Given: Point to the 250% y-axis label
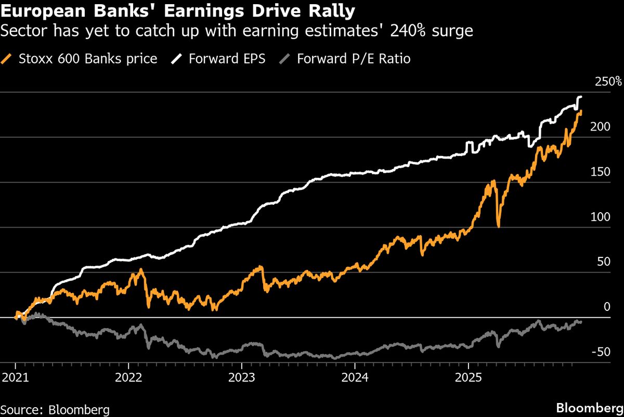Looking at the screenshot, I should [x=608, y=82].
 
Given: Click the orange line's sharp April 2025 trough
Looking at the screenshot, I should [x=498, y=226].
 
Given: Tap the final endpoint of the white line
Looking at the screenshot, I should [x=581, y=97].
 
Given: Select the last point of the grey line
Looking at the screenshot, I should [x=581, y=322].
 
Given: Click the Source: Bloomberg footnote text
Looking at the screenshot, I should [x=55, y=410].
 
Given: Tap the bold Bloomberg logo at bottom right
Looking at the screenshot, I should [x=589, y=408].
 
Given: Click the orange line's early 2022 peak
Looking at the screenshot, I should [x=141, y=270].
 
